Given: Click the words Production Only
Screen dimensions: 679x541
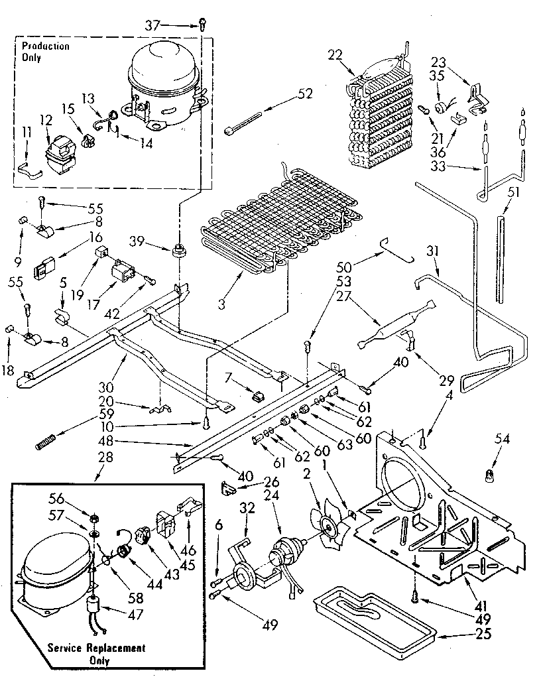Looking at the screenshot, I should click(x=45, y=51).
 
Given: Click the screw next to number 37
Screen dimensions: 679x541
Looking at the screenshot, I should click(x=200, y=25).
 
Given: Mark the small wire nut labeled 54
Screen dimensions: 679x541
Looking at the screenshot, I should click(x=489, y=475).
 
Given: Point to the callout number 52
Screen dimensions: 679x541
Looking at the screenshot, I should click(x=305, y=93).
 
